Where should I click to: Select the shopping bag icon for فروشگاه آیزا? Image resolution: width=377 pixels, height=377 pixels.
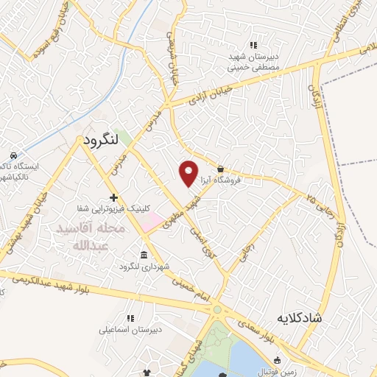pos(221,169)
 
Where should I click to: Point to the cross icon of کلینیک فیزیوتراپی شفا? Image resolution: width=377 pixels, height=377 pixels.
pos(113,197)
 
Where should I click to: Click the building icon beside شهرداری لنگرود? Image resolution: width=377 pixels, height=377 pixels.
pos(142,255)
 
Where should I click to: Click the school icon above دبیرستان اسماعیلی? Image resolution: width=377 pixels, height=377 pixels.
pos(130,319)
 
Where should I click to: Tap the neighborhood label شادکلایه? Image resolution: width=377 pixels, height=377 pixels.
pos(300,318)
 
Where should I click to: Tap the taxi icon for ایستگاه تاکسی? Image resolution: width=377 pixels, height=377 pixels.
pos(13,155)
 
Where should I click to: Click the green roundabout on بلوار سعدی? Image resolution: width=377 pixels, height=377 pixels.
pos(217,310)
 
